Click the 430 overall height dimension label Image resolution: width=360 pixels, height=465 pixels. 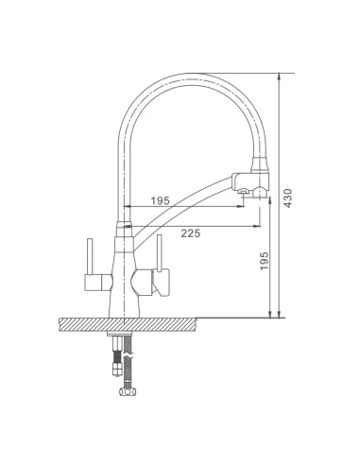coord(287,198)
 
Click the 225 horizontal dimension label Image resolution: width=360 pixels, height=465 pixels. coord(191,233)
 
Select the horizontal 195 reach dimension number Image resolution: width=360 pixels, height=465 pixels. coord(160,200)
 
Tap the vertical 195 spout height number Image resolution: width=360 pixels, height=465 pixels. coord(264,261)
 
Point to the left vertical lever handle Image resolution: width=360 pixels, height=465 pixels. coord(90,256)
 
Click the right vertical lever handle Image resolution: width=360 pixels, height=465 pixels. coord(160,252)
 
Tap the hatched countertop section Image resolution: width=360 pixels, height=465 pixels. coord(128,324)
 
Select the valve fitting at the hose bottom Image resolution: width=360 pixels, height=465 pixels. coord(128,391)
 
